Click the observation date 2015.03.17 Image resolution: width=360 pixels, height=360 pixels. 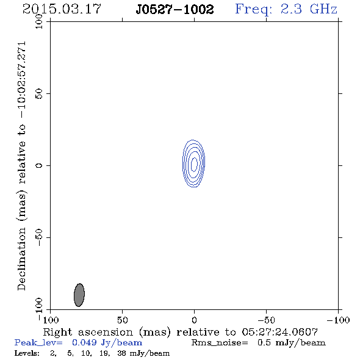pyautogui.click(x=62, y=9)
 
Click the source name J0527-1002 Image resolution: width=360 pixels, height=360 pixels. pyautogui.click(x=175, y=10)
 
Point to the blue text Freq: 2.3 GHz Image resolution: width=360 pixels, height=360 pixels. pyautogui.click(x=286, y=10)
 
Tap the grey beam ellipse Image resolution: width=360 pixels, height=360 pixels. pyautogui.click(x=79, y=295)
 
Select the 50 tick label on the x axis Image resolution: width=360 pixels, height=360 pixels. pyautogui.click(x=122, y=320)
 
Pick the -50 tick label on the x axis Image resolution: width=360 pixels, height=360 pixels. pyautogui.click(x=266, y=320)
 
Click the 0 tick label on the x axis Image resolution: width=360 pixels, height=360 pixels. pyautogui.click(x=194, y=320)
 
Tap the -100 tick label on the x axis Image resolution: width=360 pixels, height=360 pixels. pyautogui.click(x=338, y=320)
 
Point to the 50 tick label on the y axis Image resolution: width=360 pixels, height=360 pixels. pyautogui.click(x=39, y=94)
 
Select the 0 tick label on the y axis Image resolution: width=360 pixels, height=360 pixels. pyautogui.click(x=39, y=165)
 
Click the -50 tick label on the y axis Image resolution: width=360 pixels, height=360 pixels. pyautogui.click(x=39, y=237)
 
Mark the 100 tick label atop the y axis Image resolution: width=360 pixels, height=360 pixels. pyautogui.click(x=39, y=21)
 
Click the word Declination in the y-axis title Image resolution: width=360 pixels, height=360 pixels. pyautogui.click(x=21, y=259)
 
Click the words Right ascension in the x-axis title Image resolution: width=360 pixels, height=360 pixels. pyautogui.click(x=88, y=332)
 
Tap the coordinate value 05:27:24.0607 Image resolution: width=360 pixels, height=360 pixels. pyautogui.click(x=279, y=332)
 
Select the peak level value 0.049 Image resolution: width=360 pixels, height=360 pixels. pyautogui.click(x=84, y=342)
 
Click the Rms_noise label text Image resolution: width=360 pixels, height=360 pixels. pyautogui.click(x=220, y=343)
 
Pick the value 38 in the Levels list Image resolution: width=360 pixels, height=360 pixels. pyautogui.click(x=122, y=353)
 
